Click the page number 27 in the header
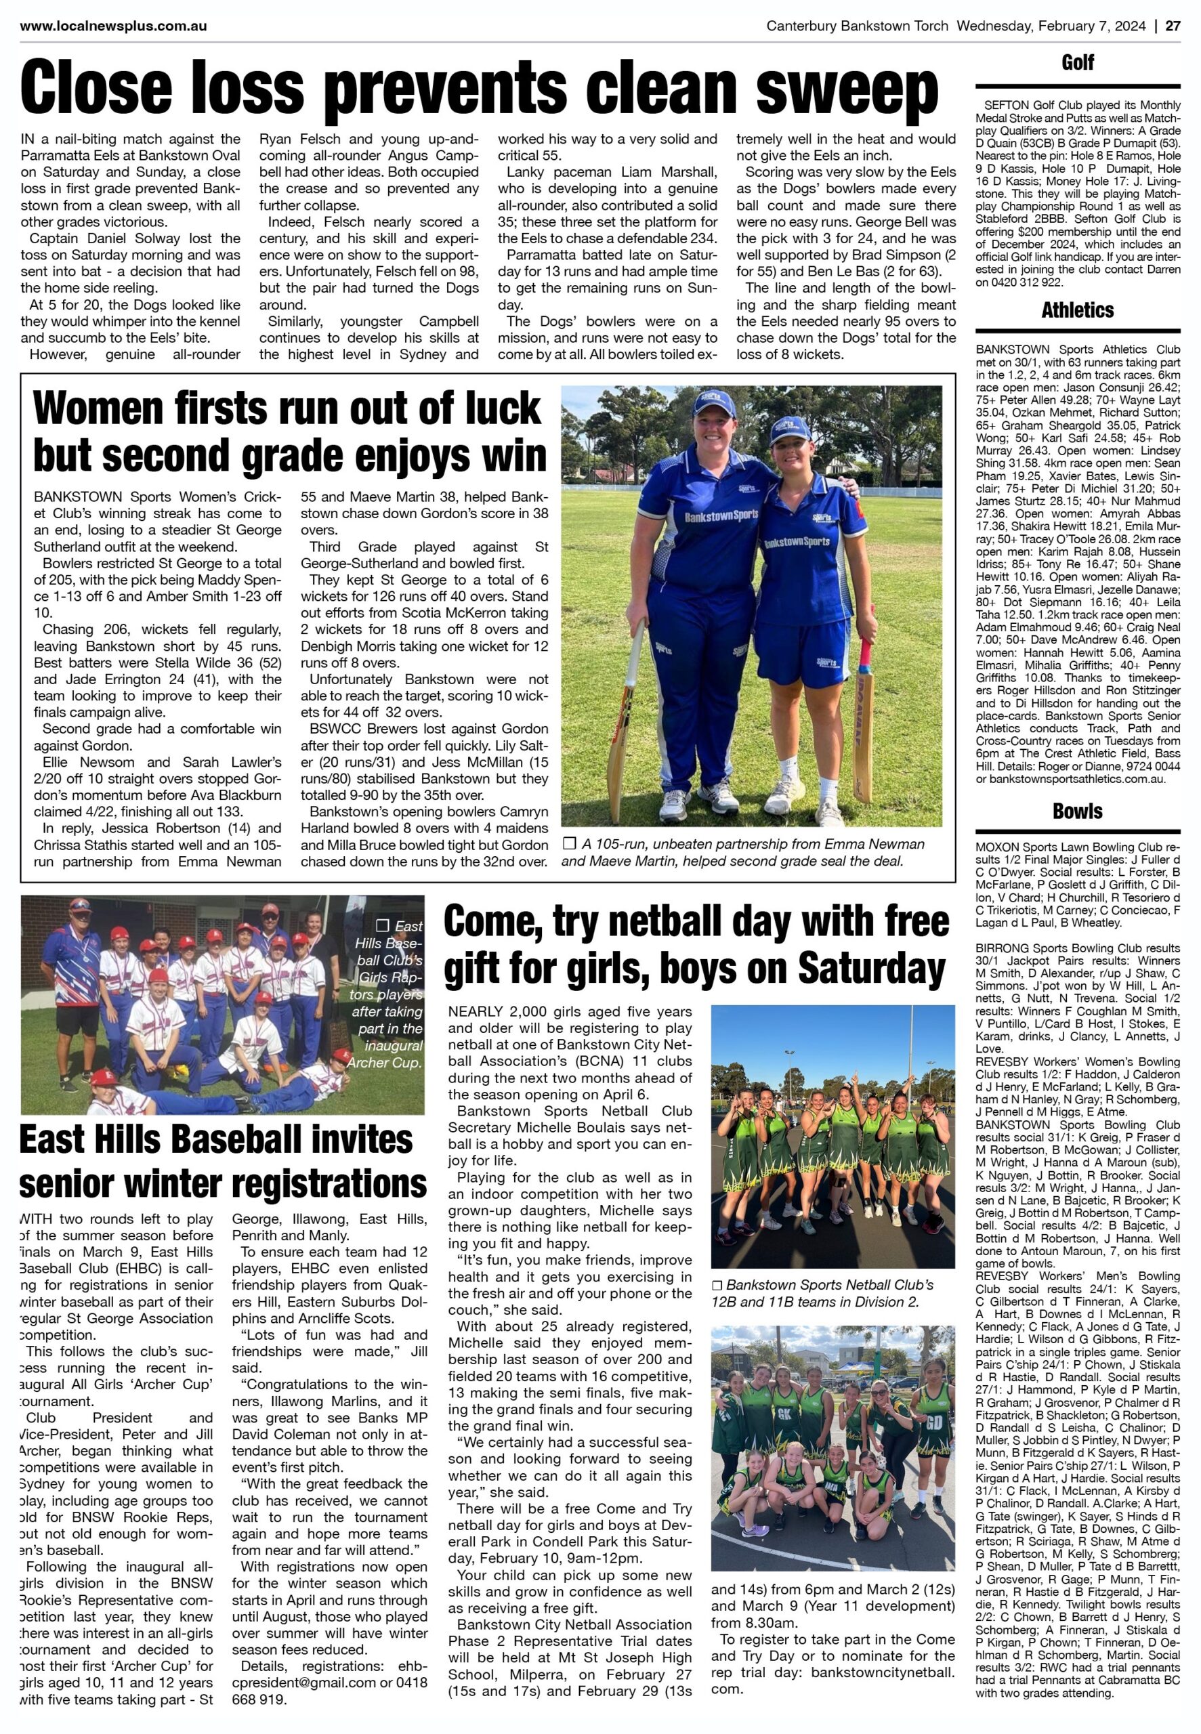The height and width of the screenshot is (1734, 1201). coord(1173,26)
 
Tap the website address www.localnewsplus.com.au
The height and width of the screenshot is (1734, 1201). coord(114,26)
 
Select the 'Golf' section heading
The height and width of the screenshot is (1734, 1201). coord(1078,63)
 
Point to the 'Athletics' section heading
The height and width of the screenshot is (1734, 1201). coord(1078,310)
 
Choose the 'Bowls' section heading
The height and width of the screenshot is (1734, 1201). coord(1078,811)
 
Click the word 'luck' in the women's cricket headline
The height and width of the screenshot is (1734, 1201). coord(503,409)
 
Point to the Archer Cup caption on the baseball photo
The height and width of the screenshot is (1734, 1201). coord(387,994)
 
